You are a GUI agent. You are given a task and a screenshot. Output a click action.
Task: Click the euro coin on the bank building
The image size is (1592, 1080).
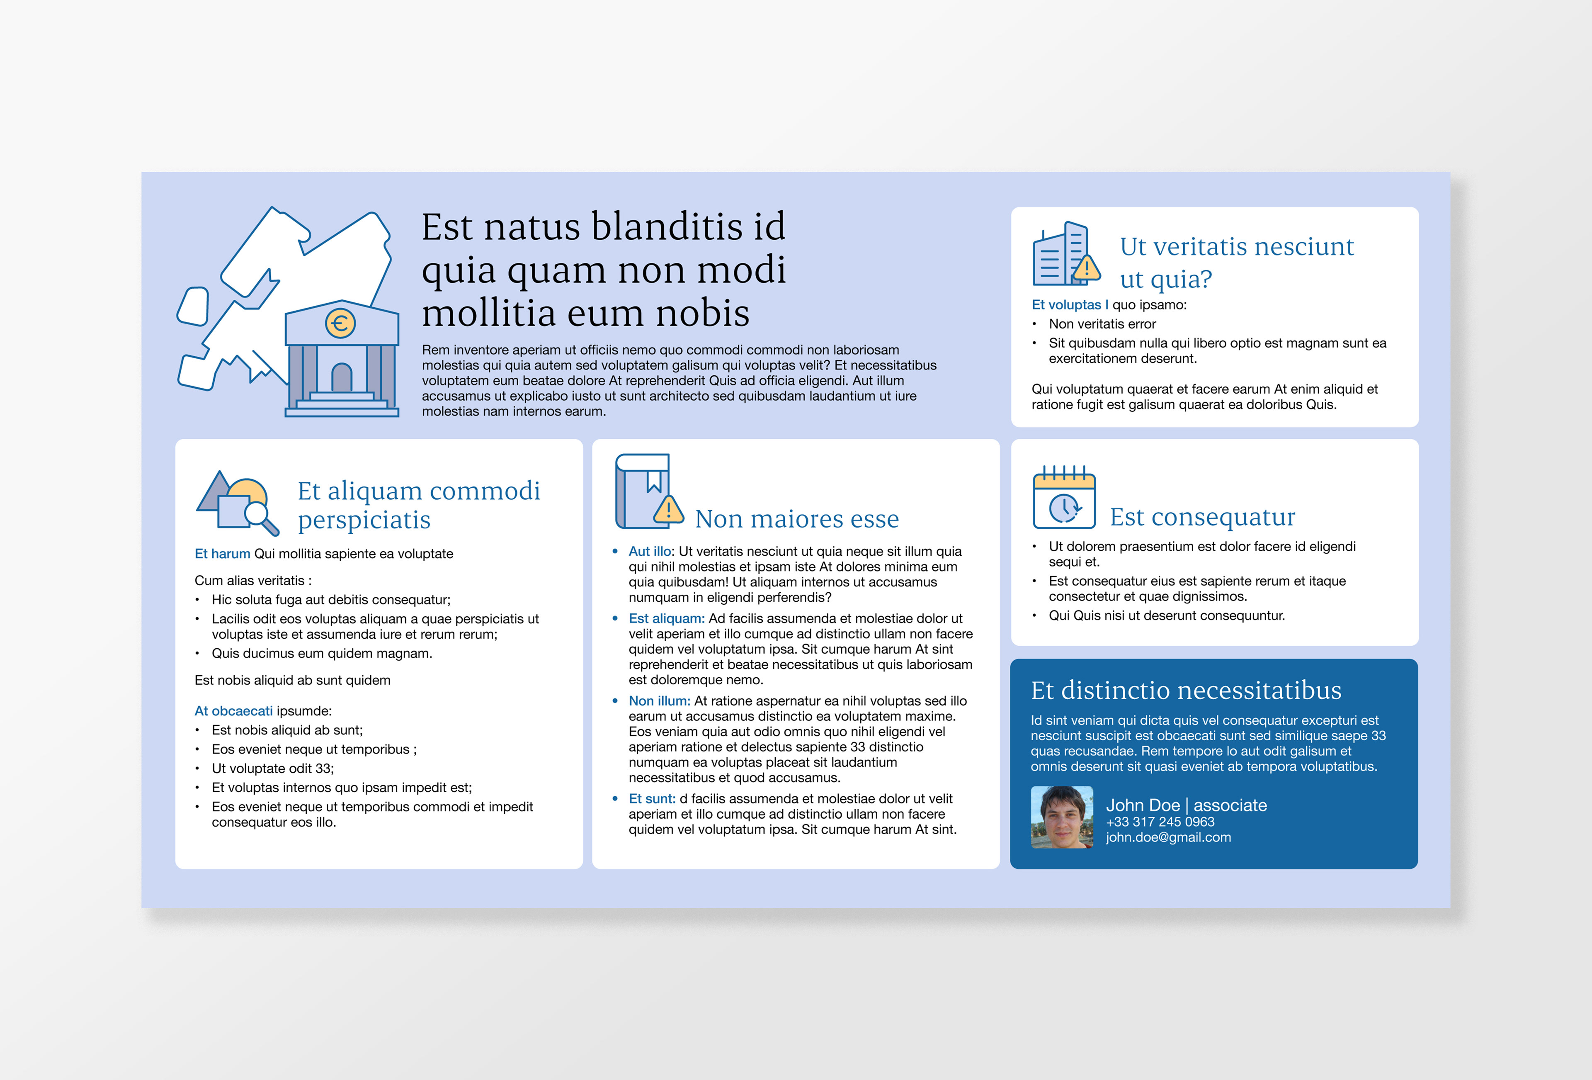coord(340,323)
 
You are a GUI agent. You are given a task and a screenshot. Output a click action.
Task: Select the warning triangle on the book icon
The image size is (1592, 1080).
coord(668,509)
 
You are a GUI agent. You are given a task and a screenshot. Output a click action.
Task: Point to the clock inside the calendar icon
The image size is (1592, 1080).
coord(1064,508)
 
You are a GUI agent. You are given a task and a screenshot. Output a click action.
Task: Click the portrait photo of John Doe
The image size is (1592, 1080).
coord(1062,817)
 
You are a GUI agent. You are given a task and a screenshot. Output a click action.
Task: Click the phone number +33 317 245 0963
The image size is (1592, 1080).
coord(1160,822)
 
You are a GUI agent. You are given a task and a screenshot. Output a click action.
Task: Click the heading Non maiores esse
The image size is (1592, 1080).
coord(797,519)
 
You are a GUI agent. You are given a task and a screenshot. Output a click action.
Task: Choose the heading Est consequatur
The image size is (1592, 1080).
coord(1202,517)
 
